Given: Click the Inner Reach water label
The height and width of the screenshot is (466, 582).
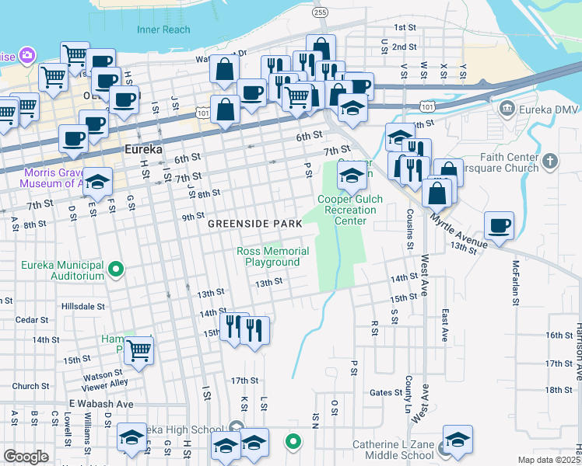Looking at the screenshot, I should point(163,30).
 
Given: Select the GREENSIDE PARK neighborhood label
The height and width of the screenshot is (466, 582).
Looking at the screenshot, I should point(254,224).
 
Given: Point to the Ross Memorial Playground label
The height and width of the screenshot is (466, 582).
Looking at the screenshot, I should point(272,257).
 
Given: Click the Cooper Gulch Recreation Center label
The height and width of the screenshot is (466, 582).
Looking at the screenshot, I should point(351,210).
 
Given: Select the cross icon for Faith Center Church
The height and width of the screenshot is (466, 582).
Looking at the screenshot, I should point(550,162).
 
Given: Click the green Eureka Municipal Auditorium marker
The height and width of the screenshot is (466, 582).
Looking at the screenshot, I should point(117,270).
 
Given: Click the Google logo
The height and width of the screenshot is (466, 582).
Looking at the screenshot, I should point(26,457).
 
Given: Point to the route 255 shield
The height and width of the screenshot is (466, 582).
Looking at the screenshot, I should point(320,13).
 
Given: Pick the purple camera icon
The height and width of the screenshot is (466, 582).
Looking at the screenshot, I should point(27,55).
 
